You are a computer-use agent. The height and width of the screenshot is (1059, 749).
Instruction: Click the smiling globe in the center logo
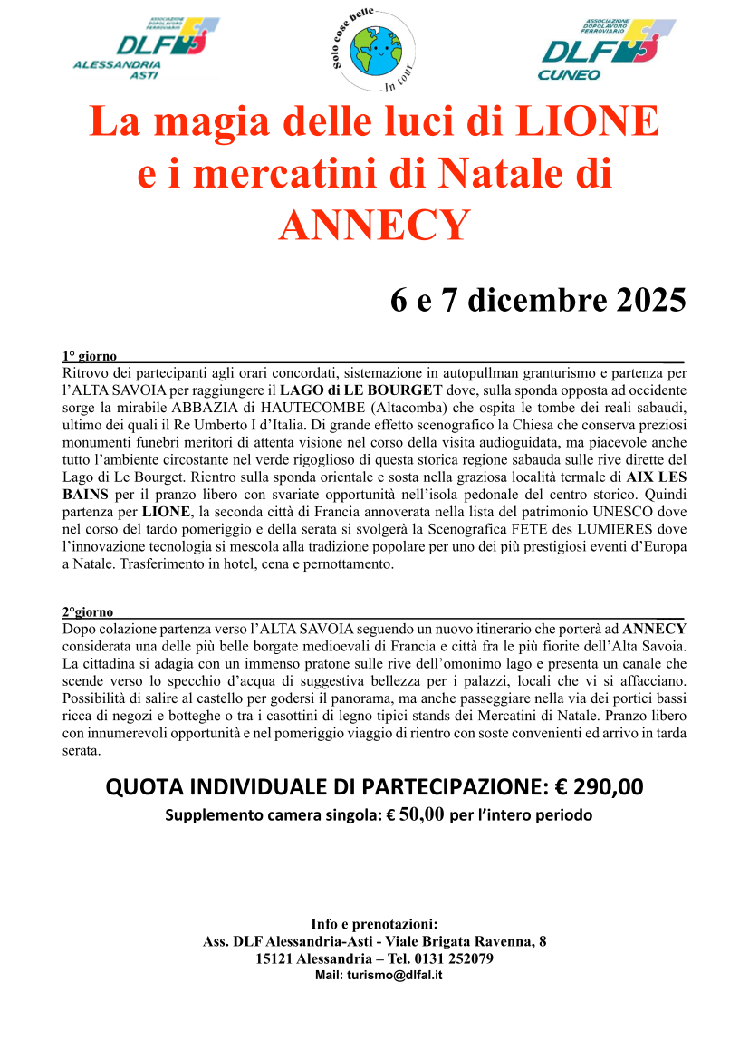point(374,51)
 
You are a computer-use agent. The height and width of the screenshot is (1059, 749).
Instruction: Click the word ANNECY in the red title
point(374,225)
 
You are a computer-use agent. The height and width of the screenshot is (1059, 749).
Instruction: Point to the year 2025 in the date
point(641,300)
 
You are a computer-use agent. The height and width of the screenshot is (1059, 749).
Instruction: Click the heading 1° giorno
point(89,357)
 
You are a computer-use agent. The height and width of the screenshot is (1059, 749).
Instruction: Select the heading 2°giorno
point(88,612)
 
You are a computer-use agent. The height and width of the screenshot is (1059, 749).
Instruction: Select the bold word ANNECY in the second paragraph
point(655,628)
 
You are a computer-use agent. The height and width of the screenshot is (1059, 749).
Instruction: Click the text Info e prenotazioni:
point(374,924)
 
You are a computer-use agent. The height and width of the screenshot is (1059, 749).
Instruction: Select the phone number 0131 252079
point(451,958)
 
